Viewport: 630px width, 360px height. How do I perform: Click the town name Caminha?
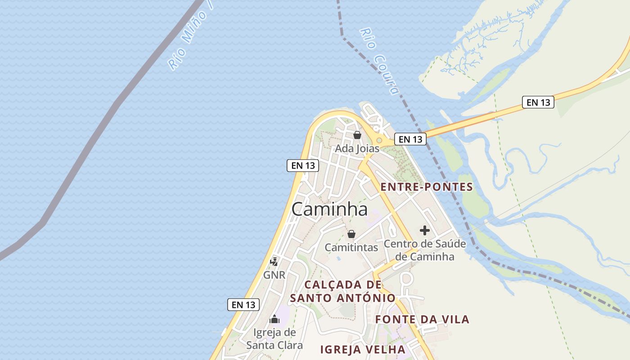point(329,209)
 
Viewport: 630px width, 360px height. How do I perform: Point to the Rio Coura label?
point(380,62)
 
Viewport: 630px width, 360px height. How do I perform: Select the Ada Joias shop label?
point(357,148)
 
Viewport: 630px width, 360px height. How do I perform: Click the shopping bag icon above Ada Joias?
point(357,135)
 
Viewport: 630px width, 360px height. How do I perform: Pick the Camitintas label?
point(351,247)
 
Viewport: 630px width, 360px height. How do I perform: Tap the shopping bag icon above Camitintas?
point(351,234)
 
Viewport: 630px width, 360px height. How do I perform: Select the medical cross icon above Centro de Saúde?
point(425,231)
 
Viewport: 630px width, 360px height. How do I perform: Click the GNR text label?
point(274,274)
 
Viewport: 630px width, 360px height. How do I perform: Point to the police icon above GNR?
point(274,261)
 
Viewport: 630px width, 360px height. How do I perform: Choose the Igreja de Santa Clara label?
point(274,339)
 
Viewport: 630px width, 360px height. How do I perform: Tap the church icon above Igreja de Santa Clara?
point(274,320)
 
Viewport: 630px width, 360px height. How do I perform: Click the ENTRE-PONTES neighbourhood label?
point(427,187)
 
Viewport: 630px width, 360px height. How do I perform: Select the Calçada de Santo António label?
point(343,291)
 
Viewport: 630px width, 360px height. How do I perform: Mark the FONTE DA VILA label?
point(422,319)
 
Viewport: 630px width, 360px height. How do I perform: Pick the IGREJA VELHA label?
point(363,349)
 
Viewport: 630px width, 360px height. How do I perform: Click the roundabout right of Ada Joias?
point(379,140)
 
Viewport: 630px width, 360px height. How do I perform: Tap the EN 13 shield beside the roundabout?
point(410,139)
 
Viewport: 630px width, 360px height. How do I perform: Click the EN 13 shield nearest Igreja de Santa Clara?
point(243,305)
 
